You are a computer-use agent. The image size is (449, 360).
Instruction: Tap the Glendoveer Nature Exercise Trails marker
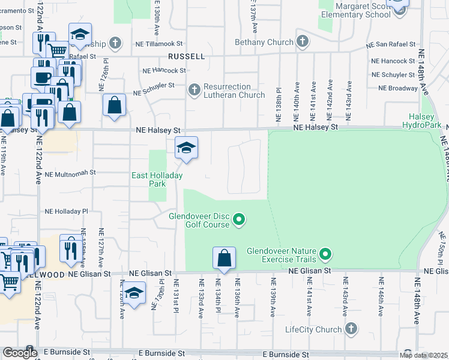(325, 255)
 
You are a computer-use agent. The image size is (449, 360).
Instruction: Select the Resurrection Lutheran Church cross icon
(194, 90)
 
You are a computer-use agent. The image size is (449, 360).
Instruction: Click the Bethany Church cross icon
(303, 42)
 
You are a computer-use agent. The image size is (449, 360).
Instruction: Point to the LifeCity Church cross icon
(351, 329)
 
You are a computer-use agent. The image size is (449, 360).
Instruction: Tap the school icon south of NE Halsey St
(187, 148)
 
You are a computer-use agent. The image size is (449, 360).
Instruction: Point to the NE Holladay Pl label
(66, 211)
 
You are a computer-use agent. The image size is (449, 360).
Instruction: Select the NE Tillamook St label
(153, 43)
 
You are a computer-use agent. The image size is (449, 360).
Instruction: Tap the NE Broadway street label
(398, 88)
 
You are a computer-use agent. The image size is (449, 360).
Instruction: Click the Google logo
(19, 353)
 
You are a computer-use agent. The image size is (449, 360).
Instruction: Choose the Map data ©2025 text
(423, 355)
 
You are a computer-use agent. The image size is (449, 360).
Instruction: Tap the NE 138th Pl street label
(279, 106)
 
